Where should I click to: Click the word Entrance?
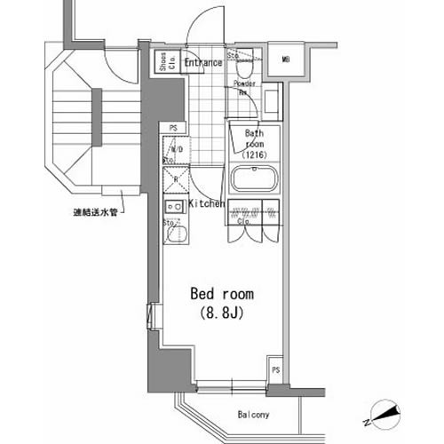pos(202,62)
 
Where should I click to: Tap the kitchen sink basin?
pos(175,235)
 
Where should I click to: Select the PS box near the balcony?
pos(276,369)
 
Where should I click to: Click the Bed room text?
pos(223,294)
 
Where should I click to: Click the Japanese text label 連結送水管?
pos(96,212)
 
